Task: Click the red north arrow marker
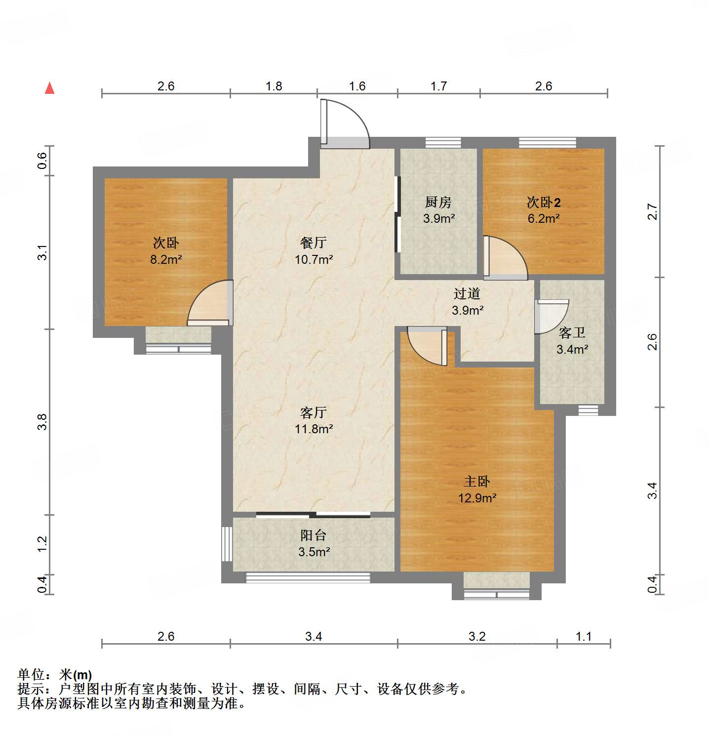[x=49, y=88]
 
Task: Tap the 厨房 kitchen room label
[x=438, y=202]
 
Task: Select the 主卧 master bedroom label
[x=476, y=481]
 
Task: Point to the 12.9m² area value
[x=477, y=498]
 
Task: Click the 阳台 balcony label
[x=314, y=535]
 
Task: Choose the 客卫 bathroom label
[x=572, y=332]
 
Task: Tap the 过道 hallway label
[x=467, y=293]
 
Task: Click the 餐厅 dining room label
[x=314, y=243]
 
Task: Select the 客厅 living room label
[x=314, y=412]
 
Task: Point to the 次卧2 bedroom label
[x=543, y=202]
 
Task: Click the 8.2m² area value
[x=166, y=259]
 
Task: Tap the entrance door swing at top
[x=345, y=123]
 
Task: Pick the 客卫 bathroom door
[x=551, y=316]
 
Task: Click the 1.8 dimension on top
[x=274, y=86]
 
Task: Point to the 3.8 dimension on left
[x=42, y=421]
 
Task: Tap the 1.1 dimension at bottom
[x=583, y=636]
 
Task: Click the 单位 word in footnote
[x=31, y=674]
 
